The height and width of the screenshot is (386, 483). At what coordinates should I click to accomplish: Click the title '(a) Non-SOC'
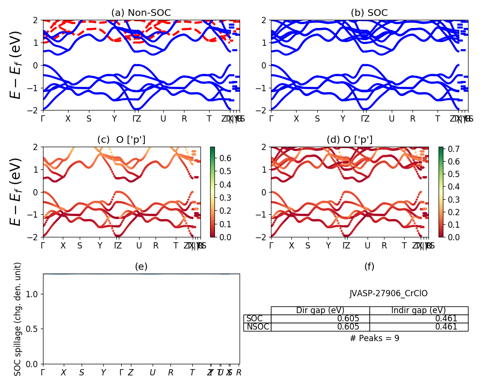coord(141,13)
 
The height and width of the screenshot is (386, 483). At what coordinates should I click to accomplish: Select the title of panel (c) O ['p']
coord(121,140)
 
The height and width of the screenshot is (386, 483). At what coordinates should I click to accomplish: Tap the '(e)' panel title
coord(141,266)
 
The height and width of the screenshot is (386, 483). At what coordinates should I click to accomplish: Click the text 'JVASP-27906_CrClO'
coord(388,293)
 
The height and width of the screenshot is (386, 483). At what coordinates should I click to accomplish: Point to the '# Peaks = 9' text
coord(374,338)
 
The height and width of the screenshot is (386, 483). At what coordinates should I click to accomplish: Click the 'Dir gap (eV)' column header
coord(320,310)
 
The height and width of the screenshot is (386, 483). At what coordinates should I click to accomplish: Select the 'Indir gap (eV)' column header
coord(418,310)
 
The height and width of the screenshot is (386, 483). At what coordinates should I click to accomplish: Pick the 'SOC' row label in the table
coord(255,318)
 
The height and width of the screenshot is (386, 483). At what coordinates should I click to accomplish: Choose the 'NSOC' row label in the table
coord(257,327)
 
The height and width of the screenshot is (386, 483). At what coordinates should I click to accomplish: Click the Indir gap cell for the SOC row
coord(418,318)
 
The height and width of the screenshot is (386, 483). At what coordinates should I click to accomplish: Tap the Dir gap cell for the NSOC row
coord(320,327)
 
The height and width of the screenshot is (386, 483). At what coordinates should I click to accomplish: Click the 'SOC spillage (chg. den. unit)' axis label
coord(18,319)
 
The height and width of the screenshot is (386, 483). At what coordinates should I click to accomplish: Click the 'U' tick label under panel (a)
coord(163,119)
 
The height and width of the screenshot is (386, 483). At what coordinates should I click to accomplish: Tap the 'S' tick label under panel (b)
coord(317,119)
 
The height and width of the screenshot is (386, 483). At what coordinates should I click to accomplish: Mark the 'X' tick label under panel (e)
coord(63,372)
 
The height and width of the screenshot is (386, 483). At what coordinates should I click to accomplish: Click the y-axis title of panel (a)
coord(16,65)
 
